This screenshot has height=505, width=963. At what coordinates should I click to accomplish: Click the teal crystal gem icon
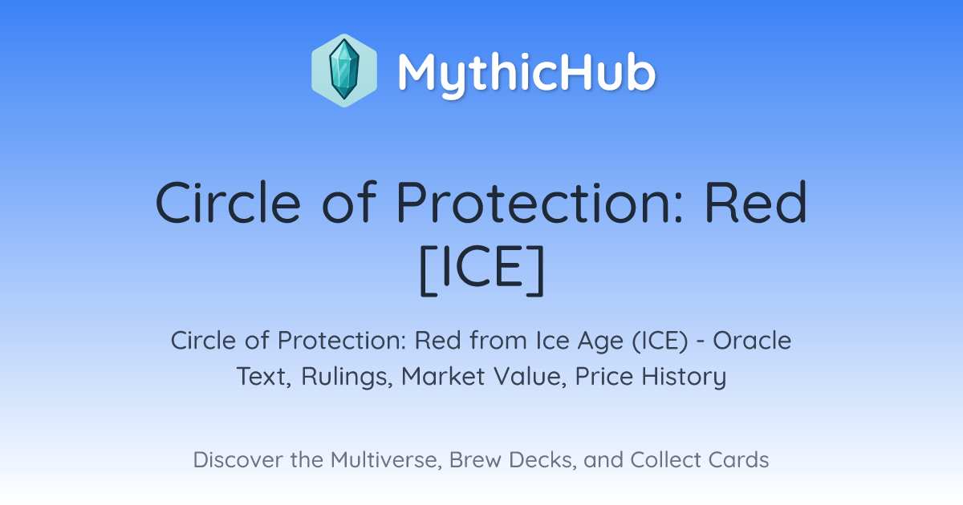pos(344,70)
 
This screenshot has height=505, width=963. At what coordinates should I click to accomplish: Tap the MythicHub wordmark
pos(526,74)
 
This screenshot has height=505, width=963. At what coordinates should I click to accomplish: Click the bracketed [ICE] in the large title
pos(481,270)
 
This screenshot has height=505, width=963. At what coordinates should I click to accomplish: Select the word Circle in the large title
pos(228,202)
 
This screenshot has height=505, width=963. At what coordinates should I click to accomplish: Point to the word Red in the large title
pos(756,202)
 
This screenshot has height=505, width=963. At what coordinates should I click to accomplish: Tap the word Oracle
pos(752,341)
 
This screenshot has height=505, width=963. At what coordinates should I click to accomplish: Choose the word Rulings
pos(347,378)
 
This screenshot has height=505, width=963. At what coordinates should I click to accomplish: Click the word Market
pos(443,376)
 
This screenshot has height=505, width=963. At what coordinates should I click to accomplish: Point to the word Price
pos(603,376)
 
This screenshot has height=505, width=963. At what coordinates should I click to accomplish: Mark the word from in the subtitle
pos(498,341)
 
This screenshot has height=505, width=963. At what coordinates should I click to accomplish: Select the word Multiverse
pos(386,460)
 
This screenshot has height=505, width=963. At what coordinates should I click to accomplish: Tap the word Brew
pos(474,459)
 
